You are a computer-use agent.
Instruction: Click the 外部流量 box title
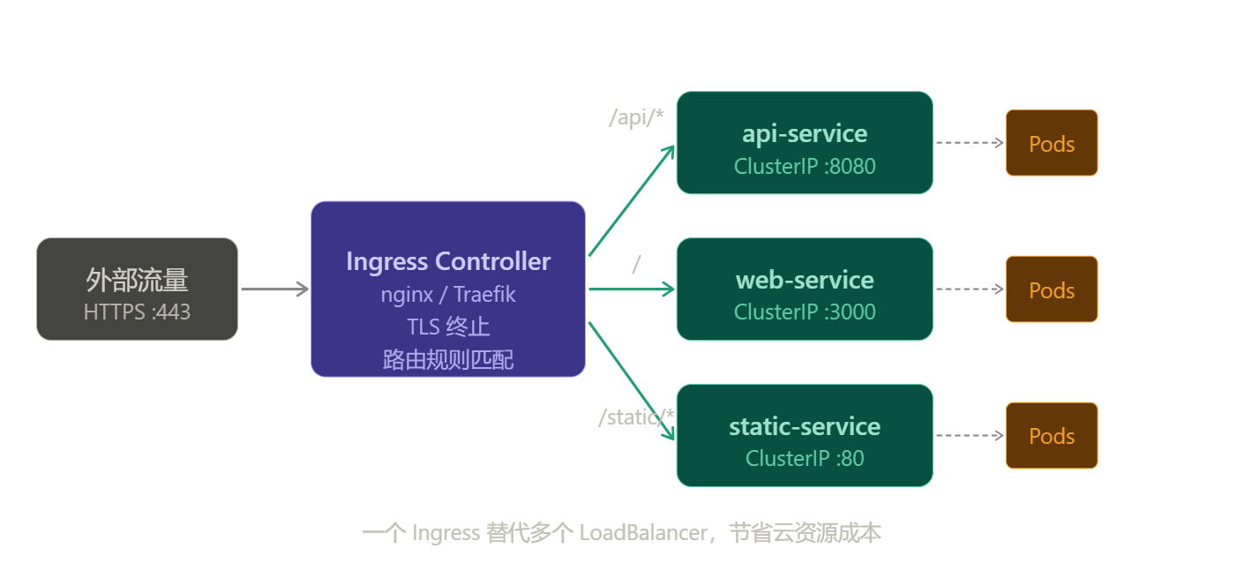point(137,280)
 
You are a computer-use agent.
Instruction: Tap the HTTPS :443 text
point(137,312)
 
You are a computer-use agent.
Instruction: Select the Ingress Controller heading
point(448,261)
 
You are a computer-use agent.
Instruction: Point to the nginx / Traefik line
point(448,294)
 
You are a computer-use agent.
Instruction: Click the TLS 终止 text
point(448,327)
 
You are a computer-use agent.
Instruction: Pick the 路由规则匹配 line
point(448,358)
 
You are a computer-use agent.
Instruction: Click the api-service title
point(805,133)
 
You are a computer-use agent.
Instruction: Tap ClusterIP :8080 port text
point(805,166)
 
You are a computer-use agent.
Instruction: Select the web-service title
point(805,280)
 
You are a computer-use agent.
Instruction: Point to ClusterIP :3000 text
point(805,312)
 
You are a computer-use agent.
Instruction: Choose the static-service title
point(805,426)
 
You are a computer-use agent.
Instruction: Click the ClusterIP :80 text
point(805,458)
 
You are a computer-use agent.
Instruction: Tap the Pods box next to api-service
point(1052,143)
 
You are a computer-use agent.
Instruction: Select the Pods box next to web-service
point(1052,289)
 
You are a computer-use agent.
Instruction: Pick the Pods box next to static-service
point(1052,436)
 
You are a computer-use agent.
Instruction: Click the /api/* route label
point(636,117)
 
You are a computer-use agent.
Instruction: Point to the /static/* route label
point(636,417)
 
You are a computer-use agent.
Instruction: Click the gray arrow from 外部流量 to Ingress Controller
point(274,289)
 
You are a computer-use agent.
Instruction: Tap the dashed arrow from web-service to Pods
point(969,289)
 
